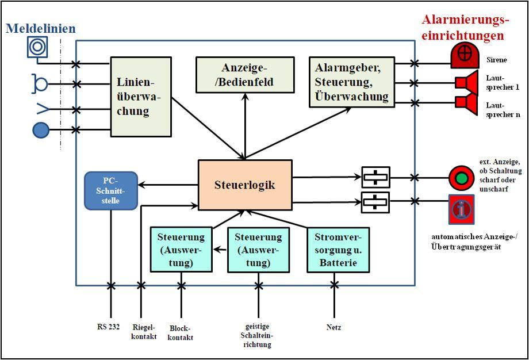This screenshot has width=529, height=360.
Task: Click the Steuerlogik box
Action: click(x=245, y=185)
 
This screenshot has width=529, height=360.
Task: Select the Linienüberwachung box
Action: click(x=141, y=97)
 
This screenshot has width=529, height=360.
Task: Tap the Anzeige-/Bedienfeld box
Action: click(x=245, y=75)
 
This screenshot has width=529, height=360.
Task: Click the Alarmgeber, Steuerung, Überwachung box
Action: click(x=351, y=82)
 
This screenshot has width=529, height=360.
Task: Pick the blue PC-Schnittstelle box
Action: click(x=111, y=190)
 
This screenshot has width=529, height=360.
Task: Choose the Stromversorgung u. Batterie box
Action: click(x=338, y=250)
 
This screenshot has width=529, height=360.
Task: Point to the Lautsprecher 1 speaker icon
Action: click(x=466, y=83)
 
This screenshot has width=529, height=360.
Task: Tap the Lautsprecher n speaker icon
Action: click(x=466, y=102)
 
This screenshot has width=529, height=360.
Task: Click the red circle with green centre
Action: click(x=461, y=178)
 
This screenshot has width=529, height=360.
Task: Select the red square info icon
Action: click(x=462, y=209)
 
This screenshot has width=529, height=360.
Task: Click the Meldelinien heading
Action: click(x=41, y=28)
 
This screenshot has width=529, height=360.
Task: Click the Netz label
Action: click(x=333, y=327)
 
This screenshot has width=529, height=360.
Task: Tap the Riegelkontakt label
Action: click(x=144, y=332)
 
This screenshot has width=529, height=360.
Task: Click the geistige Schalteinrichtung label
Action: click(x=257, y=335)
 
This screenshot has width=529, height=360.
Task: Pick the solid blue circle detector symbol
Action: click(x=41, y=131)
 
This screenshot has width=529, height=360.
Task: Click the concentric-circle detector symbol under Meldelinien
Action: click(x=37, y=47)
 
